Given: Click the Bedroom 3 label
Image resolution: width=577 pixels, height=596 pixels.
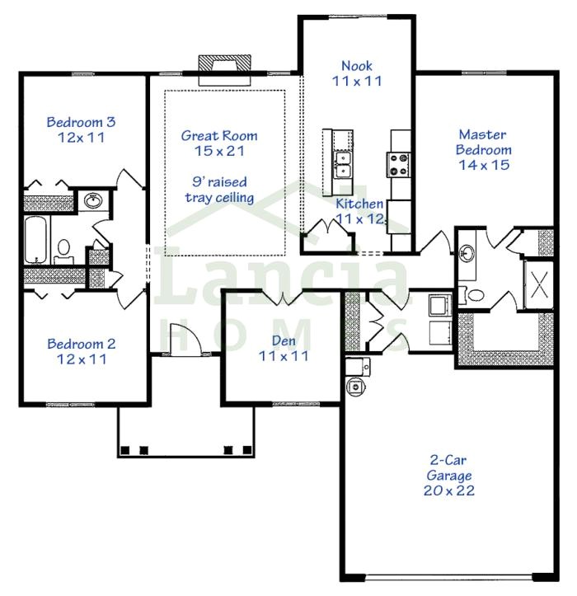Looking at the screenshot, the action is click(x=81, y=122).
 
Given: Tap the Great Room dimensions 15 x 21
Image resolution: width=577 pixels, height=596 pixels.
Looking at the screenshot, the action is click(x=219, y=151).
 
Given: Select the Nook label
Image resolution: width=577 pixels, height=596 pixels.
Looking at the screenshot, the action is click(x=357, y=66).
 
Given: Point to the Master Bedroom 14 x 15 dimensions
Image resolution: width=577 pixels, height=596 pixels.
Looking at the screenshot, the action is click(x=484, y=165).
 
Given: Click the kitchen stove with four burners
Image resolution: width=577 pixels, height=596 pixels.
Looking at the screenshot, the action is click(x=398, y=165).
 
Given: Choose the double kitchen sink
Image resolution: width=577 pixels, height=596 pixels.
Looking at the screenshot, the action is click(x=342, y=164).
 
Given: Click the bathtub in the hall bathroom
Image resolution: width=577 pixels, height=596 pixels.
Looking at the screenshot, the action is click(x=36, y=239).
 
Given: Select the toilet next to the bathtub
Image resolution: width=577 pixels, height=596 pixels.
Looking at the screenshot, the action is click(x=63, y=251).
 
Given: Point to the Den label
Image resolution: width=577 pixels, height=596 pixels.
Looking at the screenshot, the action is click(x=284, y=340).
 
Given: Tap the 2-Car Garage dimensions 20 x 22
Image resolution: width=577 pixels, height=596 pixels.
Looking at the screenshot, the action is click(x=449, y=490).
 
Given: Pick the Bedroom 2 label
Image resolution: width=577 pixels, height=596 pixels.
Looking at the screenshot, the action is click(x=82, y=344).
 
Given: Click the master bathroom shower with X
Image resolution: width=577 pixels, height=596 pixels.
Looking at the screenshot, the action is click(x=539, y=284).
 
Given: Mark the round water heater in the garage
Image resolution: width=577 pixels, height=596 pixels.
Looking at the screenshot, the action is click(x=356, y=387).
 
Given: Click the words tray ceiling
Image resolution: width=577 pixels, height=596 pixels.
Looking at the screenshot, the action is click(x=219, y=198).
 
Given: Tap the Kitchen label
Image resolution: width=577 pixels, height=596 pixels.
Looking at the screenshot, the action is click(x=359, y=204).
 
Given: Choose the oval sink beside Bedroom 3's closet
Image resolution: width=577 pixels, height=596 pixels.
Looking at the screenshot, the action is click(x=93, y=200).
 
